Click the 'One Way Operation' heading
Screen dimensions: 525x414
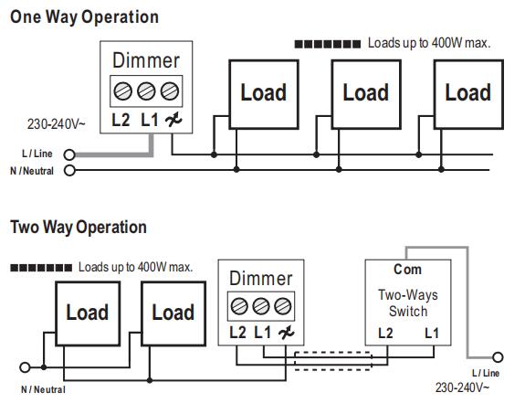84,17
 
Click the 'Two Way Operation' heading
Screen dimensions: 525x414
79,227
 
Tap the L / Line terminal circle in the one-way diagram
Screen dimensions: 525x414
69,154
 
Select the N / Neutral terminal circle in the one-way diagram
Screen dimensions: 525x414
69,170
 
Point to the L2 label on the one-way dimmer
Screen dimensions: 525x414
121,120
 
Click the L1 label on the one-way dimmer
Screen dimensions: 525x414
150,120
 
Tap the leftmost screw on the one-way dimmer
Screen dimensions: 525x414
122,91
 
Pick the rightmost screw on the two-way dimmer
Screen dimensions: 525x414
283,306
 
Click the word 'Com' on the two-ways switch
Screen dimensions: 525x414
407,270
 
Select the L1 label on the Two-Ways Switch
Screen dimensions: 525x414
432,334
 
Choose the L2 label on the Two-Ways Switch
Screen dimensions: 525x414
385,334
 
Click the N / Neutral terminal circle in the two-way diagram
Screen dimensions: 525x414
25,367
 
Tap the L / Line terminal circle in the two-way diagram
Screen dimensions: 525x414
498,357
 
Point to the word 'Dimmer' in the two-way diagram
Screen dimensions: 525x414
261,279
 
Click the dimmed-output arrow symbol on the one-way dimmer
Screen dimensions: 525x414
173,120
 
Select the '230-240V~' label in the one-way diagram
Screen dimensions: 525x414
57,124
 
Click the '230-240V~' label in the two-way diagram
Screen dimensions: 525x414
462,387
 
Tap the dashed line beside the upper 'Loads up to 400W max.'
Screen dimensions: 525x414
328,44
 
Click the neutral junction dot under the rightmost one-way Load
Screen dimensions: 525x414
441,170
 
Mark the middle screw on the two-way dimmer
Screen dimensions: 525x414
261,306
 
